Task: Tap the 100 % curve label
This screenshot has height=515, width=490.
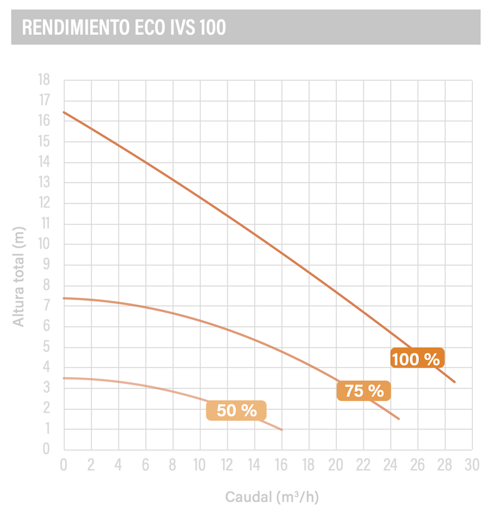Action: [416, 359]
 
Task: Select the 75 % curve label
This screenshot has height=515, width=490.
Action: [364, 391]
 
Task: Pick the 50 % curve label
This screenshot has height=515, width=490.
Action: [236, 410]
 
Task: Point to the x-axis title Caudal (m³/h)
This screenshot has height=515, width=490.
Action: [272, 497]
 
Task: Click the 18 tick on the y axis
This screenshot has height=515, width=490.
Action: [43, 80]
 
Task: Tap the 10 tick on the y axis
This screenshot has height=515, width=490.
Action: [43, 244]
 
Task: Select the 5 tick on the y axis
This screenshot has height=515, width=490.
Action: [47, 347]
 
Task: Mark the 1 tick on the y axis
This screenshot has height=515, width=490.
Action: [47, 429]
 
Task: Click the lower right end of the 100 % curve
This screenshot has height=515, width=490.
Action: [454, 382]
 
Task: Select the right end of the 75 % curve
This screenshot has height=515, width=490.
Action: [399, 419]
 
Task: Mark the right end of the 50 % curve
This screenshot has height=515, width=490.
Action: [282, 430]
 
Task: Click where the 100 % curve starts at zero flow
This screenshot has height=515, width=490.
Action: [64, 112]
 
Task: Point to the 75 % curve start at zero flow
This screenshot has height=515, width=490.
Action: [64, 298]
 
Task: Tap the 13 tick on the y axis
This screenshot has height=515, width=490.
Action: [43, 182]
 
